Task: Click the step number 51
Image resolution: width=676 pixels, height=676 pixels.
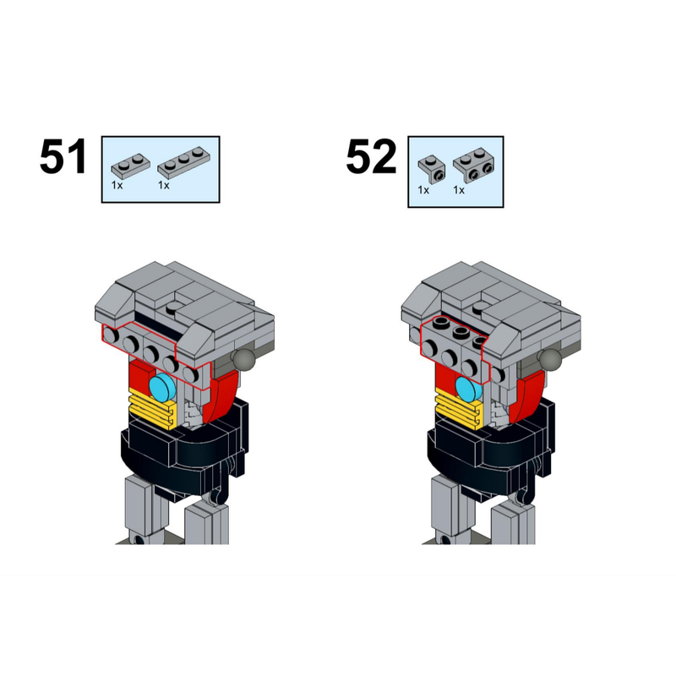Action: pos(63,158)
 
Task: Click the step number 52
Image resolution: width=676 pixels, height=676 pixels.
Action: pos(370,158)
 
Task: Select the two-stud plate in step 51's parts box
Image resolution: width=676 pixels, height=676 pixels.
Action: pos(131,162)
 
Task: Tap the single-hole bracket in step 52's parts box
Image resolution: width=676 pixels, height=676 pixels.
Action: pos(432,168)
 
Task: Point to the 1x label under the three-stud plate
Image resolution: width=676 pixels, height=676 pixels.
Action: pos(163,183)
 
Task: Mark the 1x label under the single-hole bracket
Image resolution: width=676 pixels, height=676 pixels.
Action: pos(423,190)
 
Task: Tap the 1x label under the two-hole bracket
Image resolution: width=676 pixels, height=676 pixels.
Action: pos(459,190)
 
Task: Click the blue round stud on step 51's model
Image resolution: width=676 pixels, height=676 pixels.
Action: pos(162,388)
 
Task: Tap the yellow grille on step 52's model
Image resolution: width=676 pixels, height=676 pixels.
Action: pos(458,411)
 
